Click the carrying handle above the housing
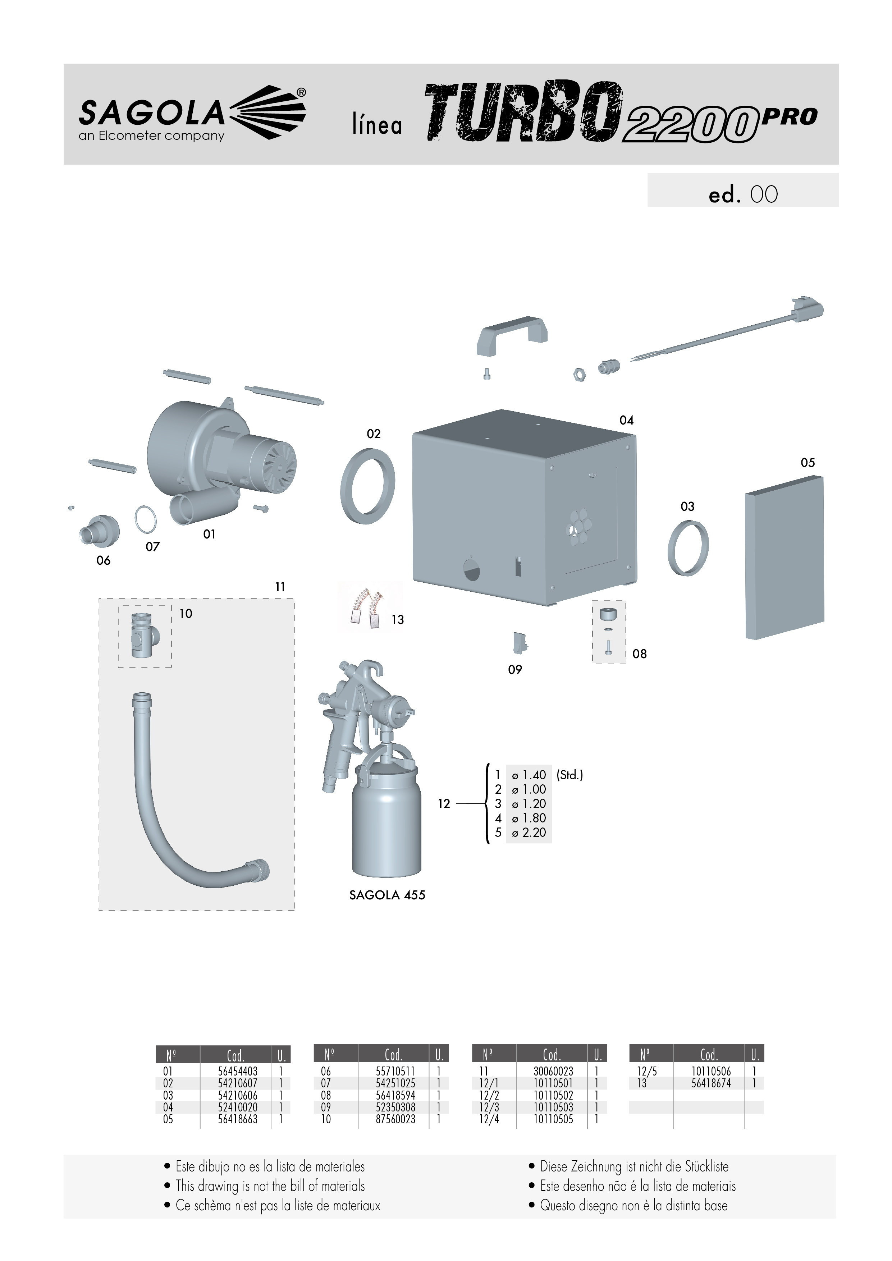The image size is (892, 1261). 512,335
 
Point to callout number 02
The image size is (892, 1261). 374,434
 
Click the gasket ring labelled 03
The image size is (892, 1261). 688,547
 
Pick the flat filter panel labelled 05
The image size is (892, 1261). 784,558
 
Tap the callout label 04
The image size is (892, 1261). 626,420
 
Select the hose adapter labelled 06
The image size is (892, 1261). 100,531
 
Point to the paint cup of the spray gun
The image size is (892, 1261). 387,819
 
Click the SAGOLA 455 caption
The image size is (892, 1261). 387,895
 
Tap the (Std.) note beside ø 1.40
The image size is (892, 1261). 569,775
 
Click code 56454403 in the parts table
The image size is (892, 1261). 238,1071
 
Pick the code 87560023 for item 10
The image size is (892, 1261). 395,1119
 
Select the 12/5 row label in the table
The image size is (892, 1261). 646,1071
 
